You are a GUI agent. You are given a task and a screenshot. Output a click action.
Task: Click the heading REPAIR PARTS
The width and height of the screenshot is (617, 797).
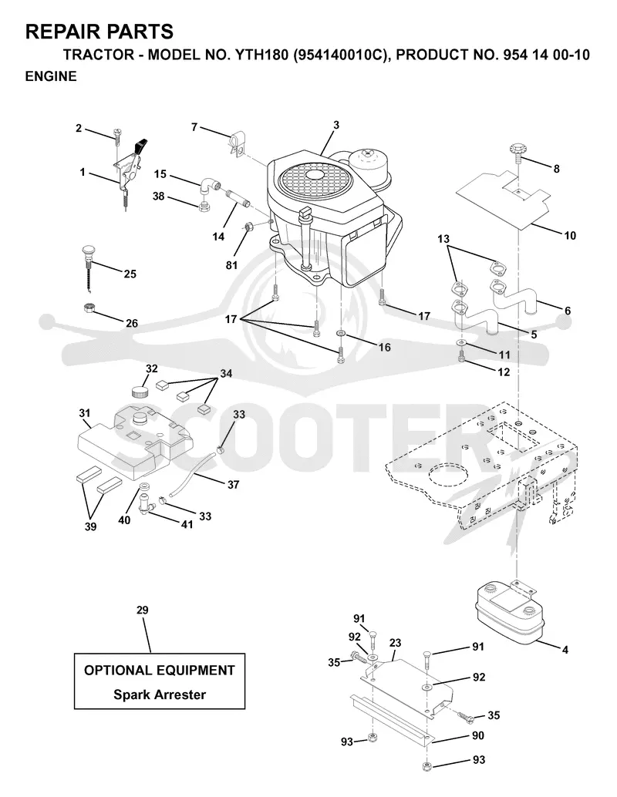[x=99, y=32]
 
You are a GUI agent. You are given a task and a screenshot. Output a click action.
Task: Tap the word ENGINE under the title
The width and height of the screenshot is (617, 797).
[x=51, y=76]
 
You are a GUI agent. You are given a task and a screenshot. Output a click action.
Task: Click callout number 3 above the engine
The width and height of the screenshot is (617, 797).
[x=336, y=125]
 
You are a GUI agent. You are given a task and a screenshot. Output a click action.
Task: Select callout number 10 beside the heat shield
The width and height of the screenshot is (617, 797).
[x=570, y=235]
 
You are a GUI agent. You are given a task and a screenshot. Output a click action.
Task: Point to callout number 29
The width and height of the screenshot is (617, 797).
[x=143, y=610]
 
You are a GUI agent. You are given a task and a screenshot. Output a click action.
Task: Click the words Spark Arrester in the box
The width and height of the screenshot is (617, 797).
[x=160, y=694]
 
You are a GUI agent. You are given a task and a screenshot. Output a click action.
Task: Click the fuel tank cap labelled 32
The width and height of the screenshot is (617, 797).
[x=140, y=392]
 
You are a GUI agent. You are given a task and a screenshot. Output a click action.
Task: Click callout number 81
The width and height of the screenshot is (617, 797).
[x=231, y=265]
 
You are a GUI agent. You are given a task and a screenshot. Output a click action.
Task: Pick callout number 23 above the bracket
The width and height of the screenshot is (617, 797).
[x=395, y=643]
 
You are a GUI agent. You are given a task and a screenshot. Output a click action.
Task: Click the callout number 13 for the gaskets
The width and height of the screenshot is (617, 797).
[x=443, y=238]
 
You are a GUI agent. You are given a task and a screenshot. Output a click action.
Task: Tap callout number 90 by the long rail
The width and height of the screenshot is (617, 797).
[x=478, y=735]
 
